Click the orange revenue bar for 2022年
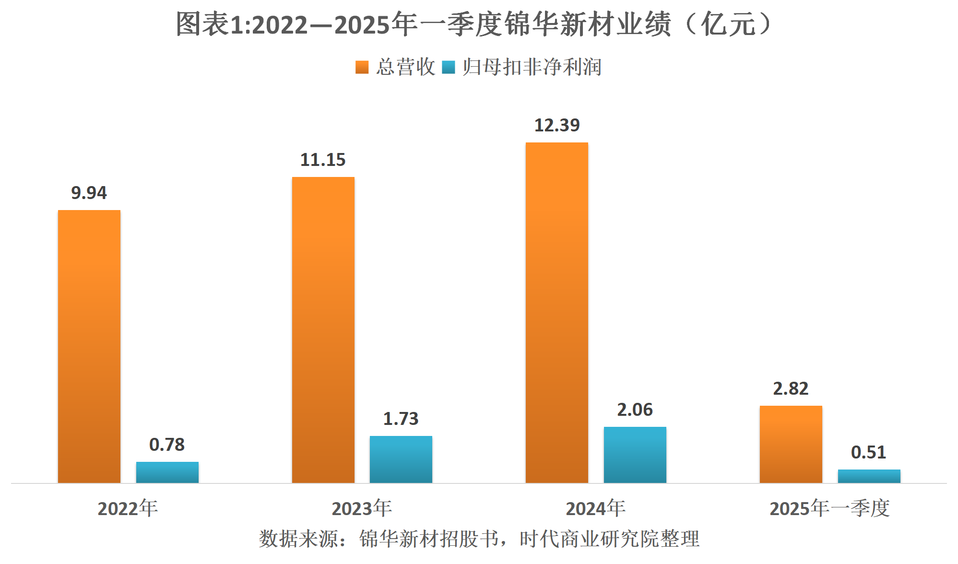(89, 346)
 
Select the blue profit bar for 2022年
(167, 472)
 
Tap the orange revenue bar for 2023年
(323, 330)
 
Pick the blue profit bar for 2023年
(401, 459)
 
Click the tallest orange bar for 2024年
(556, 313)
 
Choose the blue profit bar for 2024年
(635, 455)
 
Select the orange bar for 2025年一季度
(791, 444)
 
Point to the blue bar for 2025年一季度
(869, 476)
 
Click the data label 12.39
(557, 125)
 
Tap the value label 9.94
(89, 193)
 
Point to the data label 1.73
(401, 419)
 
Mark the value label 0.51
(868, 452)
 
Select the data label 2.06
(635, 410)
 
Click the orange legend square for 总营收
(362, 67)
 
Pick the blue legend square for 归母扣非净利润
(448, 67)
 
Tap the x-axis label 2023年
(362, 508)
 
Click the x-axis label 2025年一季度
(829, 508)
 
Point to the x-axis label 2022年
(128, 508)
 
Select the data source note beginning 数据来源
(479, 539)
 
